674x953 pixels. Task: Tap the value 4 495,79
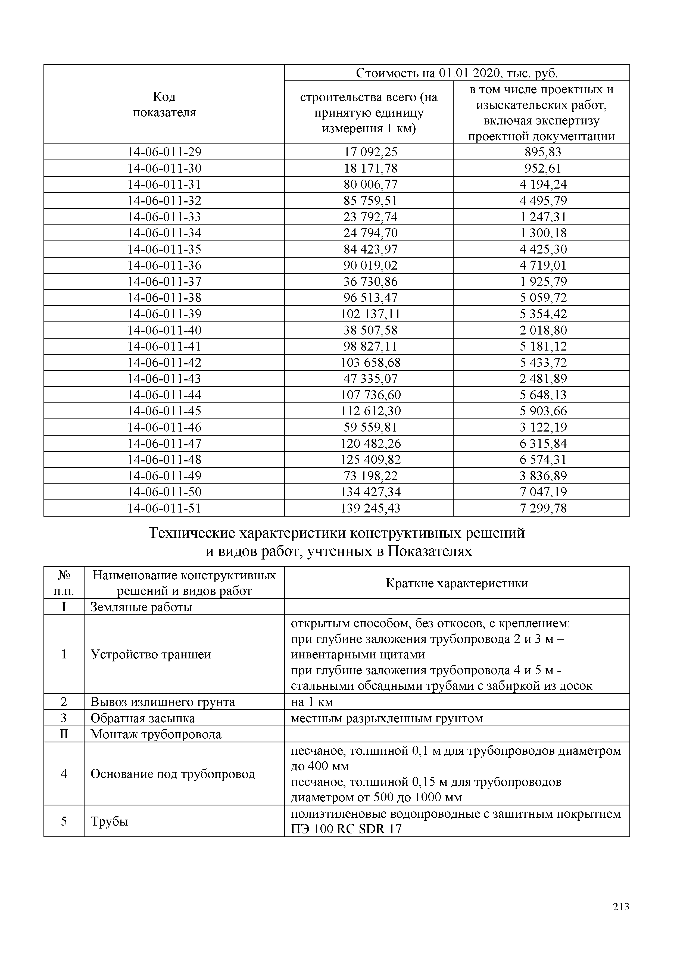tap(543, 201)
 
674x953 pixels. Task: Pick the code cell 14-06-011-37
tap(164, 282)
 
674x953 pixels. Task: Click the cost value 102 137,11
tap(370, 314)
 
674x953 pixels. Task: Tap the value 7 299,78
tap(543, 508)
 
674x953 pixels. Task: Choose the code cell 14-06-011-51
tap(164, 508)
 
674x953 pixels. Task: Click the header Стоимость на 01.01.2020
tap(457, 73)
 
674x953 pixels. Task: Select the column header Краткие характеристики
tap(457, 583)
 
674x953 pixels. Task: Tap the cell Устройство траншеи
tap(151, 655)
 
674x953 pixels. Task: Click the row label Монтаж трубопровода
tap(156, 734)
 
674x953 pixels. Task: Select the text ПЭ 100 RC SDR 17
tap(346, 829)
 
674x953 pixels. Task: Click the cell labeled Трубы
tap(110, 821)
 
